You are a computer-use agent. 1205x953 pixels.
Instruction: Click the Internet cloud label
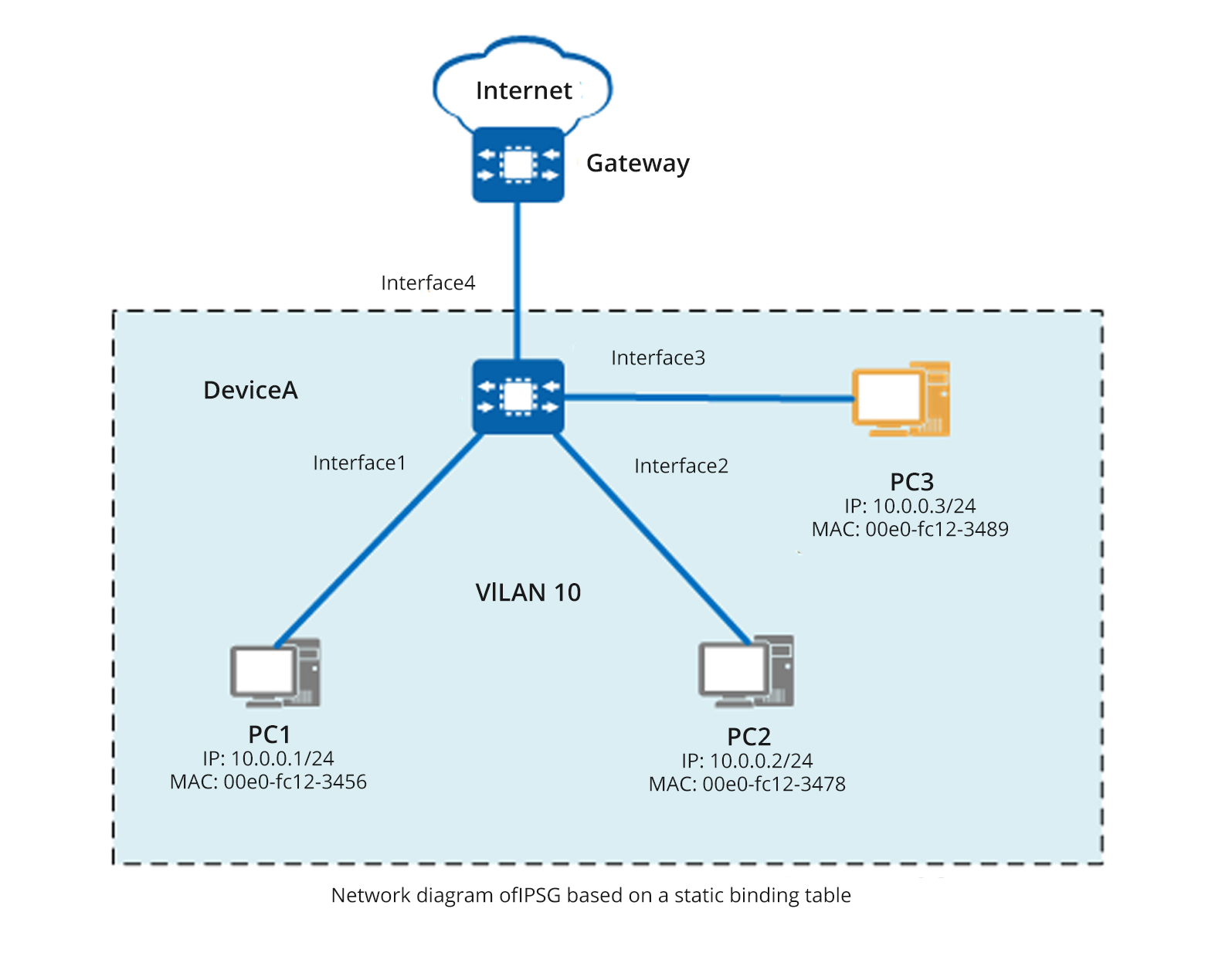click(524, 91)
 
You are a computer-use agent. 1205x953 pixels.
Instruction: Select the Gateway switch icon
click(518, 164)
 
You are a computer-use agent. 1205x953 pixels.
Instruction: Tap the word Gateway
click(637, 164)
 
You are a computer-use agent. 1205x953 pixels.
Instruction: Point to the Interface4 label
click(428, 283)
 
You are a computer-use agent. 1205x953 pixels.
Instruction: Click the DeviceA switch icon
click(518, 396)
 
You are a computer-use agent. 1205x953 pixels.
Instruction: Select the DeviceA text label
click(250, 391)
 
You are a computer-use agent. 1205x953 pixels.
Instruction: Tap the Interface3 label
click(658, 358)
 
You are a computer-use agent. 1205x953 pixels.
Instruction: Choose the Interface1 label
click(359, 463)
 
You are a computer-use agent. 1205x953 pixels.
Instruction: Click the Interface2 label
click(681, 466)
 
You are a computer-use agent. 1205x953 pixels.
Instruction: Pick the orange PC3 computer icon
click(901, 398)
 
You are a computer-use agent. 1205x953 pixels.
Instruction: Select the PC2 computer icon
click(746, 672)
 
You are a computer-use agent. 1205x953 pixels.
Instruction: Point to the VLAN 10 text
click(528, 592)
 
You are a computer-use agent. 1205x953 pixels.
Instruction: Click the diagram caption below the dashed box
click(591, 895)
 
